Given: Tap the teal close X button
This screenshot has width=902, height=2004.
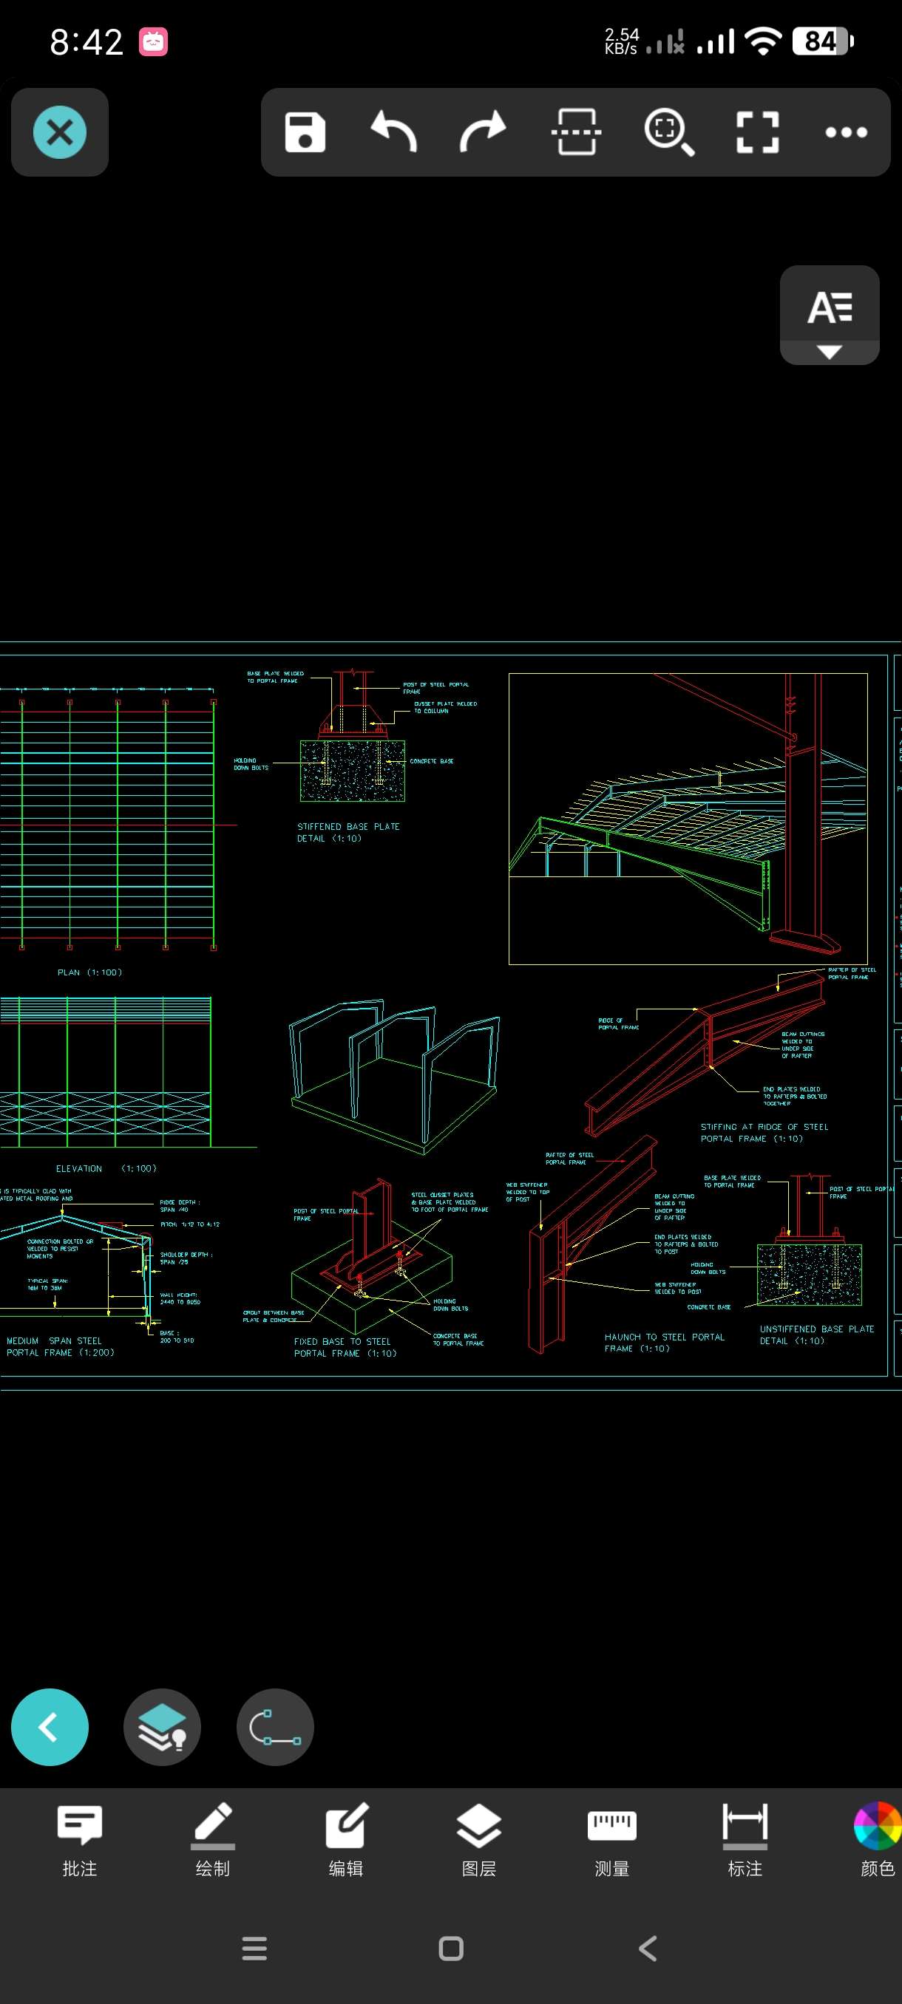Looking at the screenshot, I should tap(60, 132).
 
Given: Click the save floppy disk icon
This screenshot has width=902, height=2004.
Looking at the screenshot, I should tap(305, 132).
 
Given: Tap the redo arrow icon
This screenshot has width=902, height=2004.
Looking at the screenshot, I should tap(483, 132).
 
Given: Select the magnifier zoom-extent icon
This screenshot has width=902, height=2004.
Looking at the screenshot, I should tap(668, 132).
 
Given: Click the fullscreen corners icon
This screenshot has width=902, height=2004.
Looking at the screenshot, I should tap(757, 132).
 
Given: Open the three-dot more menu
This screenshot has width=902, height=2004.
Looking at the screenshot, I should tap(846, 132).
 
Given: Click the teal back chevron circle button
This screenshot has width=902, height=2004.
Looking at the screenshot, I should tap(50, 1727).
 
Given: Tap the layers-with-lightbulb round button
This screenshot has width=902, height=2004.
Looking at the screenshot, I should tap(162, 1727).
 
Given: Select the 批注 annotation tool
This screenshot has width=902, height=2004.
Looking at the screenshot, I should tap(79, 1839).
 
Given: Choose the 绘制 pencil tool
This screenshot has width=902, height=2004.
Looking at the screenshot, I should tap(212, 1839).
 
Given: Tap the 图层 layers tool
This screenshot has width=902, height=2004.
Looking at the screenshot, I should tap(478, 1839).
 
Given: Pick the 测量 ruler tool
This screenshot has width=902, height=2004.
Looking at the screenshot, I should tap(611, 1839).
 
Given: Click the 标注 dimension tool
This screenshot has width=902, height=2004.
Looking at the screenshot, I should tap(745, 1839).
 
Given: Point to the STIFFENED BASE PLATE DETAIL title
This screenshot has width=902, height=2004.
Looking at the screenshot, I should tap(348, 832).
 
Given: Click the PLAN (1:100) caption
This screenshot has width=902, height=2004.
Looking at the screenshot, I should tap(89, 972).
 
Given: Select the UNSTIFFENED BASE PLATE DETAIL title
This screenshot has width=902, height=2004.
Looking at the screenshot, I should tap(816, 1335).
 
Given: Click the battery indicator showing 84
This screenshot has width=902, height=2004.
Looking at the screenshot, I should tap(822, 41).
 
